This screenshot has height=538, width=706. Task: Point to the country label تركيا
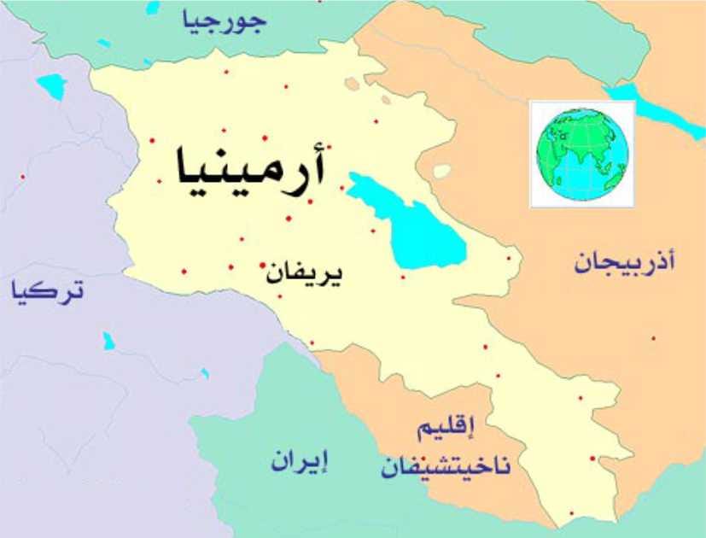click(x=48, y=291)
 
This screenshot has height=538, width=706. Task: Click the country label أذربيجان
click(x=624, y=262)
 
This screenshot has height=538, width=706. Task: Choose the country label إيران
click(x=300, y=460)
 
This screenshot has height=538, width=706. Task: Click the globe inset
click(x=582, y=154)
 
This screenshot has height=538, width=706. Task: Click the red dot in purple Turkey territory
click(x=23, y=177)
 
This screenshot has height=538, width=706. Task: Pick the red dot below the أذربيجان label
click(x=653, y=338)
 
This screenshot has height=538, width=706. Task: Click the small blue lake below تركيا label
click(x=108, y=341)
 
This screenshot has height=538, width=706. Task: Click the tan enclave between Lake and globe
click(x=441, y=172)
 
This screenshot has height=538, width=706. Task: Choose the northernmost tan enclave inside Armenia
click(x=353, y=83)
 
